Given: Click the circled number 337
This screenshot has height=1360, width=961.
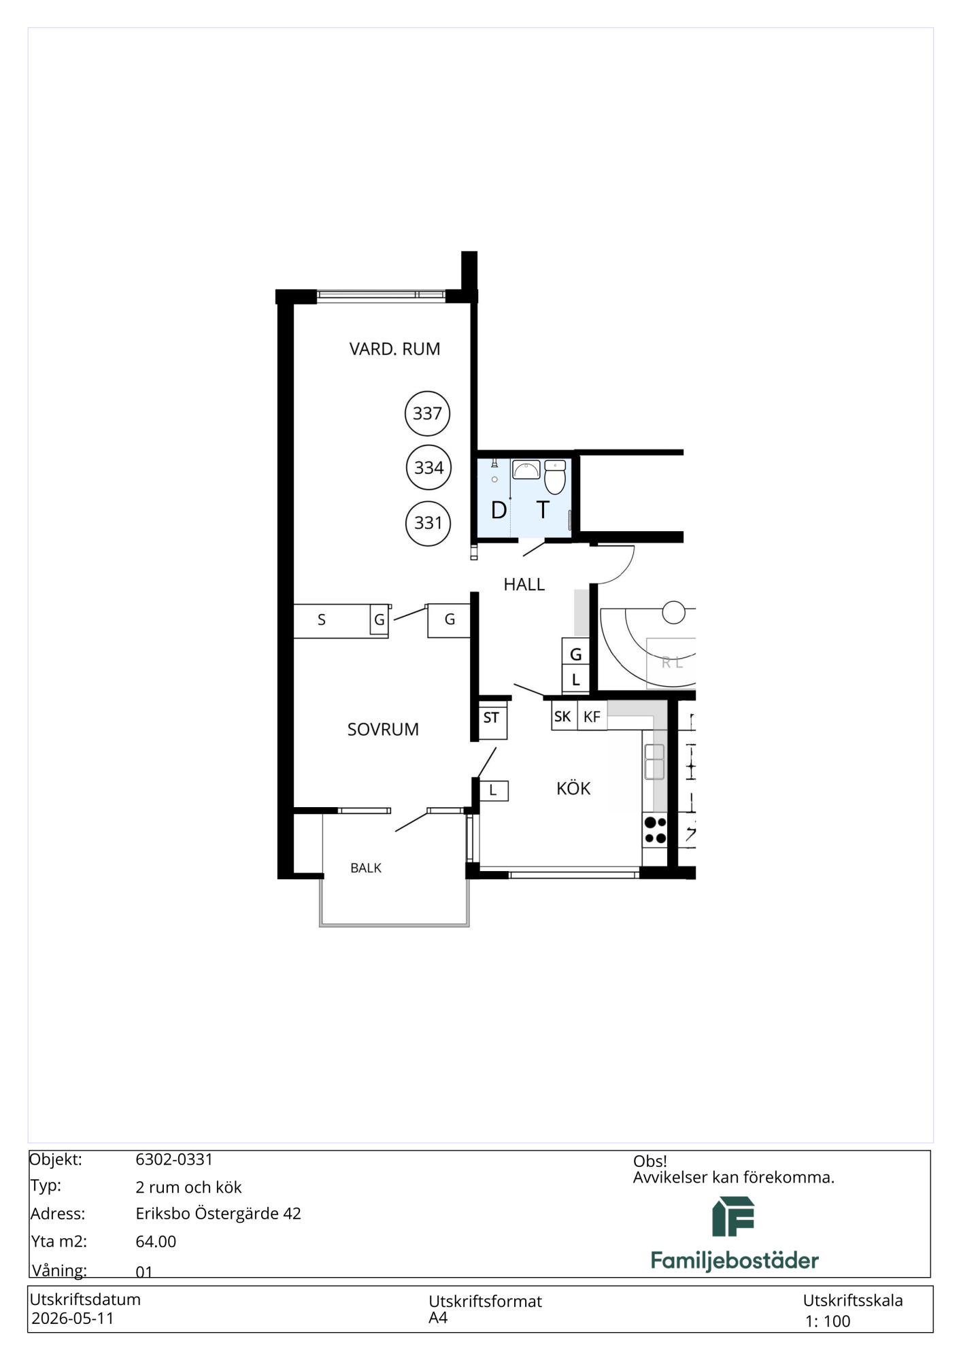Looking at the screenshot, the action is click(x=427, y=413).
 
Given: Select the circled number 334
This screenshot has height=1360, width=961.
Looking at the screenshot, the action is click(x=428, y=467).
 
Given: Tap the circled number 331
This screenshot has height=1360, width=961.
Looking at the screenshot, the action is click(x=428, y=522).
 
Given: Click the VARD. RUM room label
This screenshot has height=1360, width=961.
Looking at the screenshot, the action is click(x=394, y=349).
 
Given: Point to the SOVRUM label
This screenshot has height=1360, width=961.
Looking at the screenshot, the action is click(x=383, y=729).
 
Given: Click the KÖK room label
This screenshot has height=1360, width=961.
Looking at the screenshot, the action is click(x=573, y=788).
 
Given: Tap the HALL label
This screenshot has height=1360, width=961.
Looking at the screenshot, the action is click(x=524, y=584).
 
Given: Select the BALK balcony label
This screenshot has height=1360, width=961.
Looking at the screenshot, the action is click(x=366, y=868).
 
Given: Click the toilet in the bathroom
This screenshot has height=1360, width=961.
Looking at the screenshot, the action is click(x=555, y=477).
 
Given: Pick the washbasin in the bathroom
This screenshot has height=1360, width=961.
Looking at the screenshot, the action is click(x=526, y=469).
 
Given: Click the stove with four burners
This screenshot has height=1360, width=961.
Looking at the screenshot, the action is click(x=655, y=830).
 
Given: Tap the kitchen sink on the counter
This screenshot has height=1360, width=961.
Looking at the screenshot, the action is click(x=654, y=761).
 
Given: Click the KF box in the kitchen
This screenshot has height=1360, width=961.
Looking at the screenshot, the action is click(x=592, y=716).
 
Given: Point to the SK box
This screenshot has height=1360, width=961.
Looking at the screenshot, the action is click(x=564, y=716).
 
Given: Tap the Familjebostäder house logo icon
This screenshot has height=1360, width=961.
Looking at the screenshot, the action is click(x=733, y=1217).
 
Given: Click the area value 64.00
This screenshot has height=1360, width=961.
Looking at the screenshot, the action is click(x=156, y=1241).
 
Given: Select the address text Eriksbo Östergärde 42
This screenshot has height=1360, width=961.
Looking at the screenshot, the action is click(x=218, y=1213).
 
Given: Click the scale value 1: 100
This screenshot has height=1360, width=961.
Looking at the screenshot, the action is click(x=828, y=1321).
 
